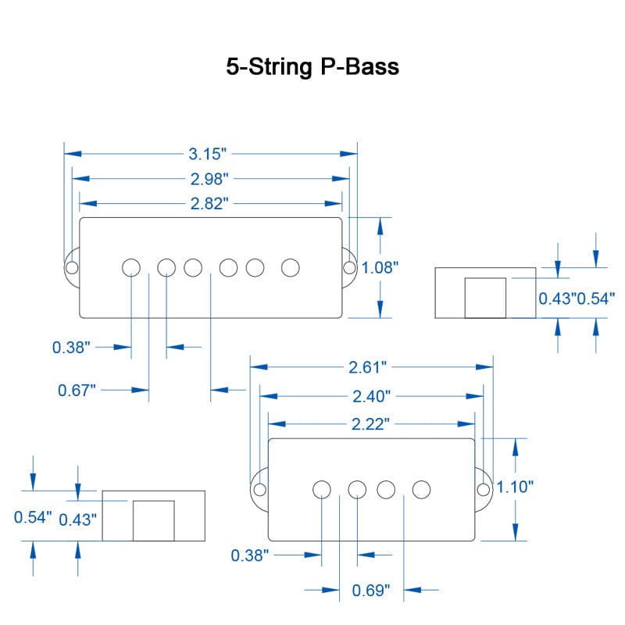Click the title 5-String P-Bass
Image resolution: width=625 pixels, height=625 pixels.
[x=312, y=67]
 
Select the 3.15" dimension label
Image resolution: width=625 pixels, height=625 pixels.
[x=209, y=154]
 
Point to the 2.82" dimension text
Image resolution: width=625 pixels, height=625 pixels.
[x=209, y=204]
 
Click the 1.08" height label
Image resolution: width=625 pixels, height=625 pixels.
[x=380, y=268]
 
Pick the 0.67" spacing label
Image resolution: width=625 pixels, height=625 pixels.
[x=77, y=389]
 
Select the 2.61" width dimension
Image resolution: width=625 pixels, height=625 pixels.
[x=370, y=366]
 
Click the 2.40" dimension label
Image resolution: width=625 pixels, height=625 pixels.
[x=370, y=396]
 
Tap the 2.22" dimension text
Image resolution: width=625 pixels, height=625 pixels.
[x=370, y=423]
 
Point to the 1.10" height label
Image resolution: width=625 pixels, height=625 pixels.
[x=515, y=487]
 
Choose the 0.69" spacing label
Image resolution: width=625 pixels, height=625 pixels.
[x=370, y=590]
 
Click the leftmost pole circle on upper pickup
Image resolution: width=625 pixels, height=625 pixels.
[x=131, y=267]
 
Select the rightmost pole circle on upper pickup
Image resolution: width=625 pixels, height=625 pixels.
[x=291, y=267]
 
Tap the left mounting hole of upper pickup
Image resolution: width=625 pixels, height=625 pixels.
[x=72, y=268]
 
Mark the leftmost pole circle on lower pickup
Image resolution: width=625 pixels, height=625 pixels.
[x=321, y=489]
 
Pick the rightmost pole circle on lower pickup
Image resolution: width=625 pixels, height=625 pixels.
[x=422, y=489]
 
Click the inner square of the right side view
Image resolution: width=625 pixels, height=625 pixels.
[x=485, y=298]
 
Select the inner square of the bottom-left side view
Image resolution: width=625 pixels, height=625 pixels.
[x=153, y=520]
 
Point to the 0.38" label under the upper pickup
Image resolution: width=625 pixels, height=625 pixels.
[x=71, y=348]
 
